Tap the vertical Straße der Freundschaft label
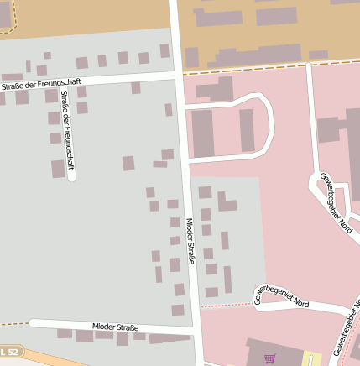(66, 129)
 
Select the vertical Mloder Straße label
(190, 241)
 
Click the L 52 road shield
(10, 350)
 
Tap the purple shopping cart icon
(269, 358)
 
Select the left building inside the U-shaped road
(203, 132)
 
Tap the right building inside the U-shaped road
(247, 130)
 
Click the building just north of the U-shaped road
(217, 87)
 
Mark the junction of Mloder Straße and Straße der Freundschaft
(179, 75)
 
